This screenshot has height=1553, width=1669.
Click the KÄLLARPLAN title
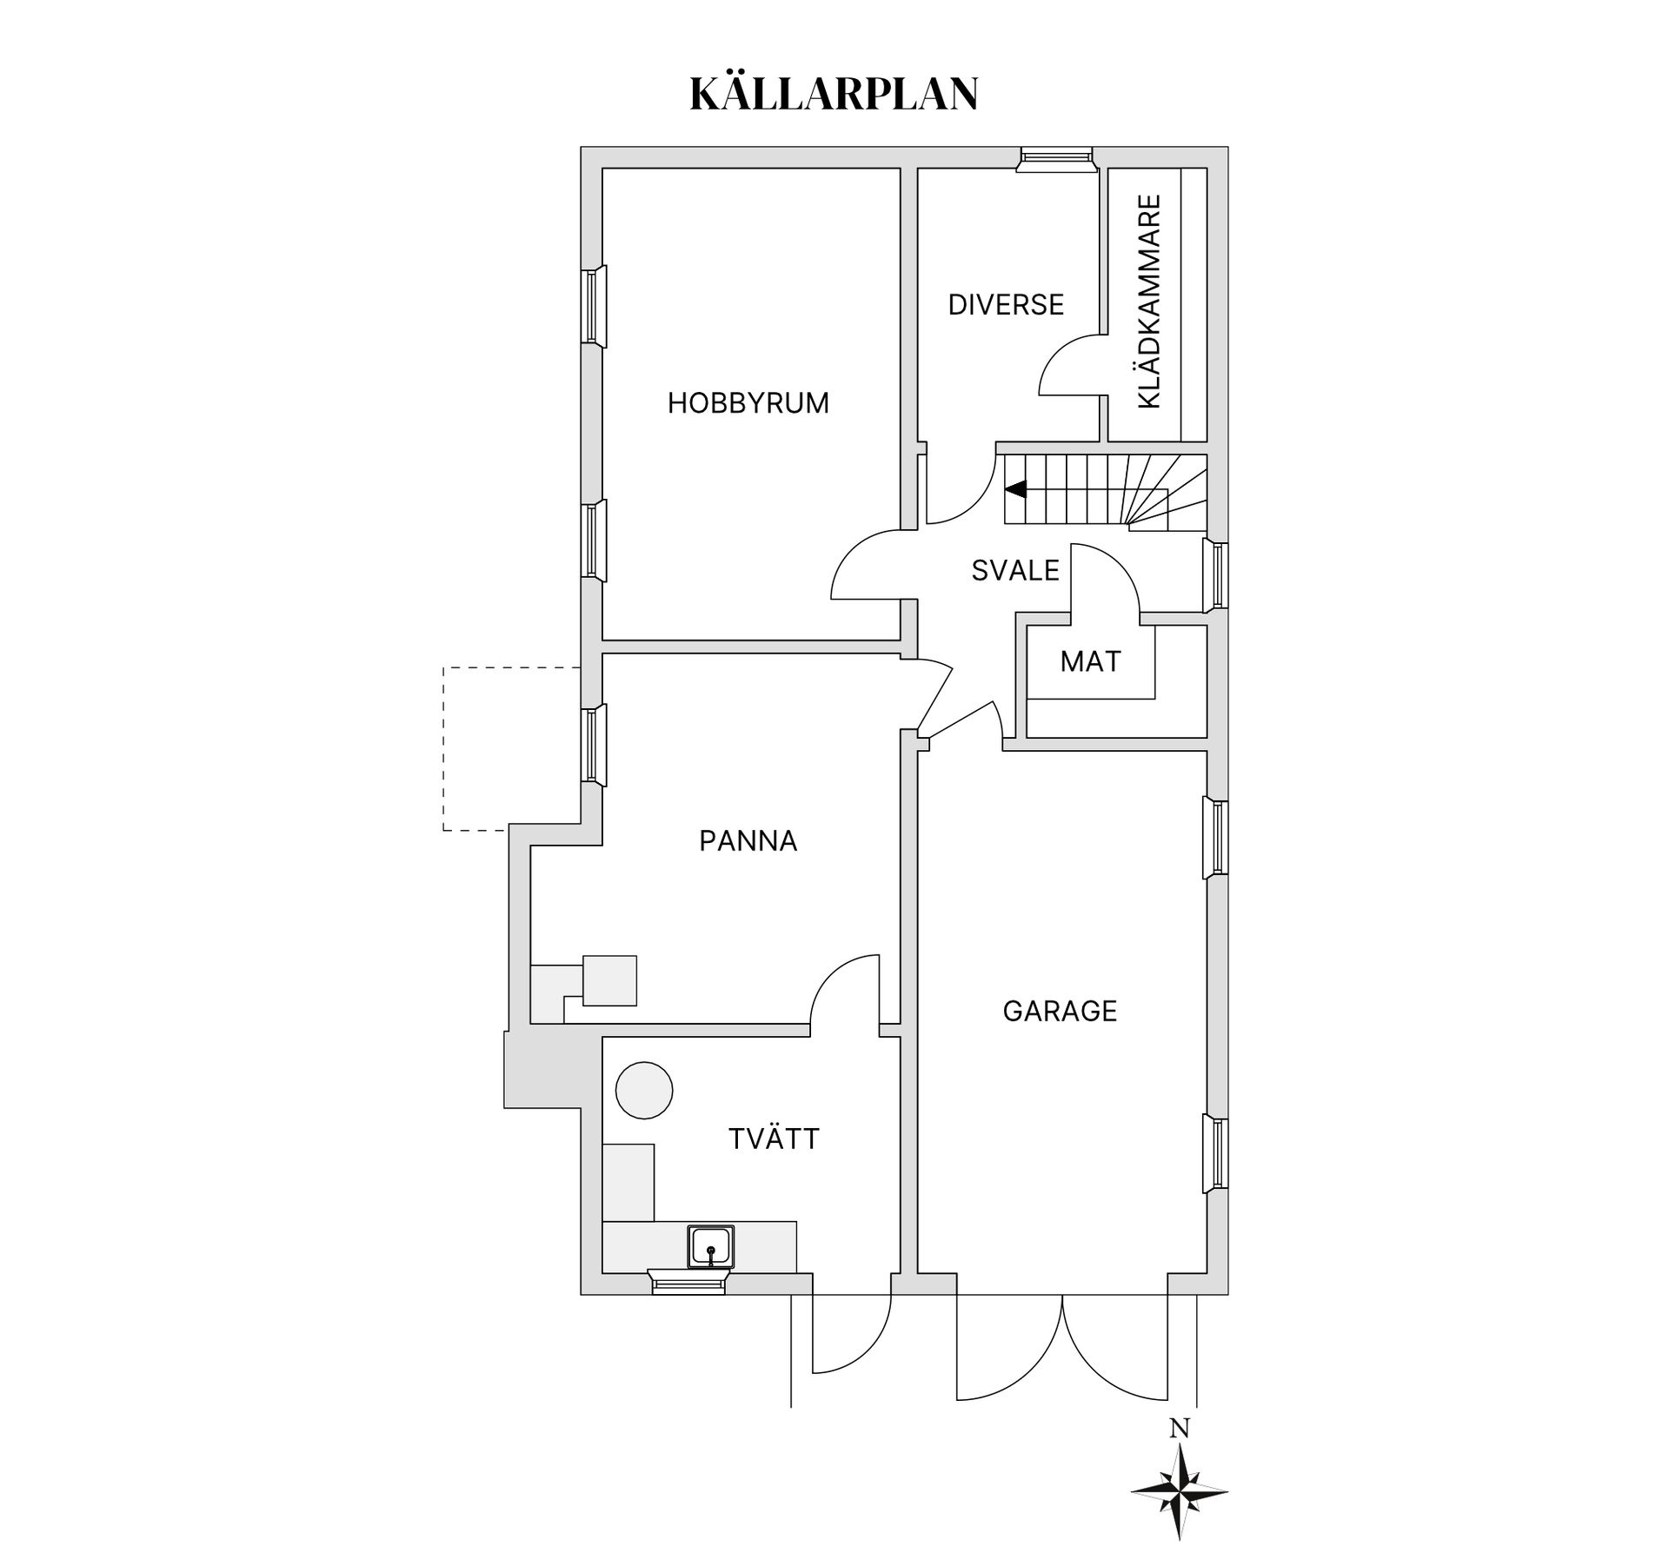pos(834,94)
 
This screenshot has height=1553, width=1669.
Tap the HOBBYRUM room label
pos(748,403)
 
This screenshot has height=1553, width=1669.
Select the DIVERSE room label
pos(1006,305)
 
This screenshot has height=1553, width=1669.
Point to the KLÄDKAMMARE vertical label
pos(1149,302)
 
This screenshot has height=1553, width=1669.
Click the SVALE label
pos(1015,571)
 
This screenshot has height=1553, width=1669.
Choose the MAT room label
pos(1090,662)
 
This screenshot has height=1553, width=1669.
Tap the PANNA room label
pos(748,841)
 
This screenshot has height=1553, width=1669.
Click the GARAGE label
pos(1060,1012)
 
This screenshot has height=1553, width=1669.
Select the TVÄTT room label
pos(774,1139)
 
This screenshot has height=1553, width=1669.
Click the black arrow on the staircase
pos(1016,489)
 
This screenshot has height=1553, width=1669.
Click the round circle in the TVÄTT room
pos(644,1090)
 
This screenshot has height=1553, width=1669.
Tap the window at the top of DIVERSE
pos(1055,157)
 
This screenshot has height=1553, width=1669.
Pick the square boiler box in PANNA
pos(609,980)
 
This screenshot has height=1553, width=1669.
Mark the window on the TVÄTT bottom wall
pos(688,1282)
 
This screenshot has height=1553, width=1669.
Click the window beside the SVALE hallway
pos(1218,575)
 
